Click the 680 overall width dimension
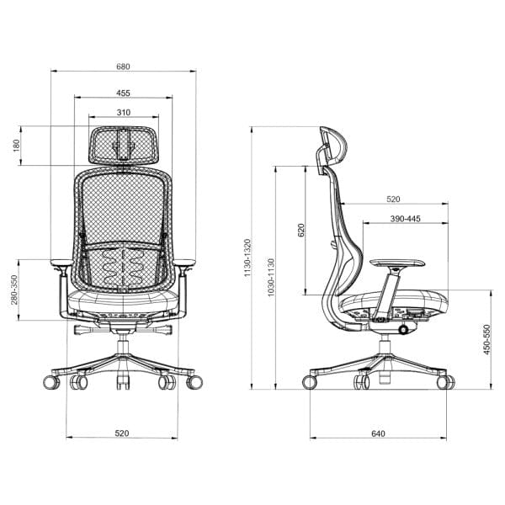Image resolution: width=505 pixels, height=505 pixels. (123, 66)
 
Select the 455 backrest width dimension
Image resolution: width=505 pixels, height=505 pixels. (123, 93)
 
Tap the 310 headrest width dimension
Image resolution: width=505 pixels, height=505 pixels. (124, 113)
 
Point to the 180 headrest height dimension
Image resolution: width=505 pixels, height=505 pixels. (16, 146)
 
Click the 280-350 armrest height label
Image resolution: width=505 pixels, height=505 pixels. (14, 290)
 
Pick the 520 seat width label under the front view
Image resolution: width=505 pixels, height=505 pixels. (122, 433)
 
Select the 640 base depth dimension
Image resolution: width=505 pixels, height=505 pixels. (378, 433)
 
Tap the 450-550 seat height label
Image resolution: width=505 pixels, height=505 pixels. (486, 339)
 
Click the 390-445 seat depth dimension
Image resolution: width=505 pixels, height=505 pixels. (405, 219)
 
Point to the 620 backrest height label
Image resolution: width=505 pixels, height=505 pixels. (300, 230)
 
